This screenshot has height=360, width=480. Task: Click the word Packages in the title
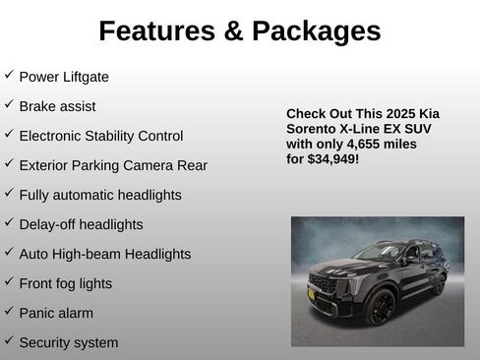(317, 31)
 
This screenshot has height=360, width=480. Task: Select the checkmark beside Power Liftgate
(9, 75)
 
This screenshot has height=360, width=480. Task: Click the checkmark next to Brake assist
(9, 104)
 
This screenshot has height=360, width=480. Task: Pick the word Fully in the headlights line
(35, 195)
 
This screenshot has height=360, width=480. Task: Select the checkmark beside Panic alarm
(9, 311)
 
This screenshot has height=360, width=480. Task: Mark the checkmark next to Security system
(9, 340)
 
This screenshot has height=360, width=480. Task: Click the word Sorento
(312, 129)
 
